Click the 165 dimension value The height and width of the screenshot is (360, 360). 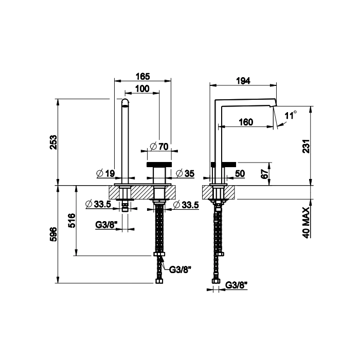tap(143, 77)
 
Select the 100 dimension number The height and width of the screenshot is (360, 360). tap(142, 88)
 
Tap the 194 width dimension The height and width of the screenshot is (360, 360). tap(243, 81)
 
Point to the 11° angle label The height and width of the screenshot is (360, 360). tap(291, 115)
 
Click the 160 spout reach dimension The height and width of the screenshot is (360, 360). tap(246, 122)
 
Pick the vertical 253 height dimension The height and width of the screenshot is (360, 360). tap(53, 142)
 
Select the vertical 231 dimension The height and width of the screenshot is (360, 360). tap(307, 146)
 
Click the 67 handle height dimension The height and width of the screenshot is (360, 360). tap(264, 174)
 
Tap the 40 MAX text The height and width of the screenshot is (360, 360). tap(307, 222)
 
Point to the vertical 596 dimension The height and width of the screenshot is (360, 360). tap(53, 235)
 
